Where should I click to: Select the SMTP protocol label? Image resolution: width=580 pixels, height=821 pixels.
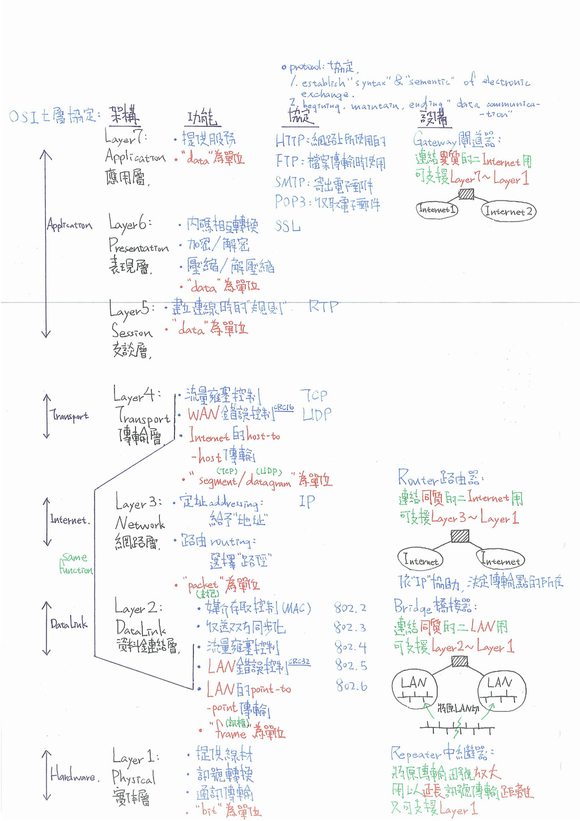(x=289, y=182)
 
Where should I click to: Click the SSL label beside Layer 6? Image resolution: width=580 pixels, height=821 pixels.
(x=288, y=226)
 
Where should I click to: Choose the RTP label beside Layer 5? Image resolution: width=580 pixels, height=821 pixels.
(x=323, y=307)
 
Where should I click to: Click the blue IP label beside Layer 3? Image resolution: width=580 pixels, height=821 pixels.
(x=306, y=501)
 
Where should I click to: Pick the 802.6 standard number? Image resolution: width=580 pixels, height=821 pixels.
(x=351, y=686)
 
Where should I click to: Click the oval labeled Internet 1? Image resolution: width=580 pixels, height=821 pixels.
(x=437, y=210)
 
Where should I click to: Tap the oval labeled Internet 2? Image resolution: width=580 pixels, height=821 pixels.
(x=509, y=211)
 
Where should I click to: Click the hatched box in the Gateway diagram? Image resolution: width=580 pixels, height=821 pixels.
(x=466, y=194)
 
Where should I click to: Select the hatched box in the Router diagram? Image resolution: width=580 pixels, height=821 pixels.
(x=460, y=535)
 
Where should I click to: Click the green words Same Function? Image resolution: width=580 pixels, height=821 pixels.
(x=76, y=564)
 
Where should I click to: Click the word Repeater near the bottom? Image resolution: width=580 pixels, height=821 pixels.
(x=416, y=754)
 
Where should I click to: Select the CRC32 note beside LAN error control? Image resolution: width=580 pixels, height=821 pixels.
(x=299, y=661)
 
